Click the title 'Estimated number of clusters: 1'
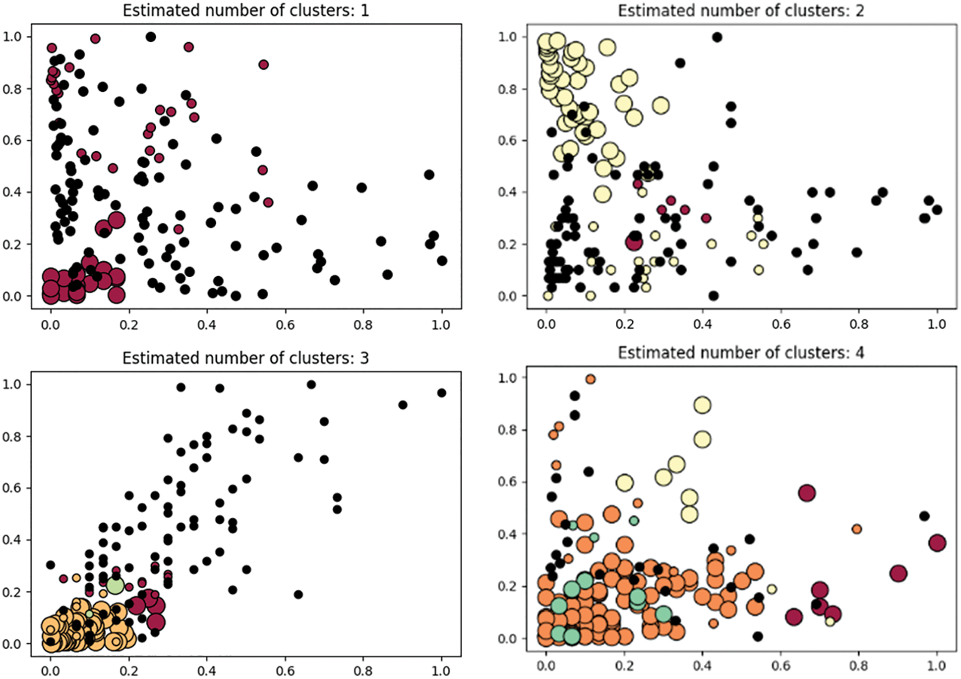[245, 10]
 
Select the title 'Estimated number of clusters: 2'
[741, 10]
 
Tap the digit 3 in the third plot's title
[364, 358]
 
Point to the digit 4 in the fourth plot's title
[859, 353]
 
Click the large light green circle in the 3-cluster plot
[115, 585]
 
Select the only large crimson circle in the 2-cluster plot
[634, 242]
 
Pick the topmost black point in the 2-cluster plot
[717, 37]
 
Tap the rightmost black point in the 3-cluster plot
[441, 393]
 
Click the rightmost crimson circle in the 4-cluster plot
[937, 543]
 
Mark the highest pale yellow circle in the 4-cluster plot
[702, 405]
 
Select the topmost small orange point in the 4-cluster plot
[590, 379]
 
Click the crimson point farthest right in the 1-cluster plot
[268, 202]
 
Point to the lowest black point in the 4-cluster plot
[757, 636]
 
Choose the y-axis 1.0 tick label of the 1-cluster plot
[12, 37]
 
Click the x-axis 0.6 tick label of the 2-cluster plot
[781, 324]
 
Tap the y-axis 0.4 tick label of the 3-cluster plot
[12, 540]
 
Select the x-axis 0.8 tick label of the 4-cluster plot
[858, 666]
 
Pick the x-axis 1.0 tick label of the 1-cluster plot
[441, 325]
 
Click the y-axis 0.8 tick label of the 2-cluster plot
[507, 89]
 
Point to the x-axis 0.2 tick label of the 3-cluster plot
[128, 671]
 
